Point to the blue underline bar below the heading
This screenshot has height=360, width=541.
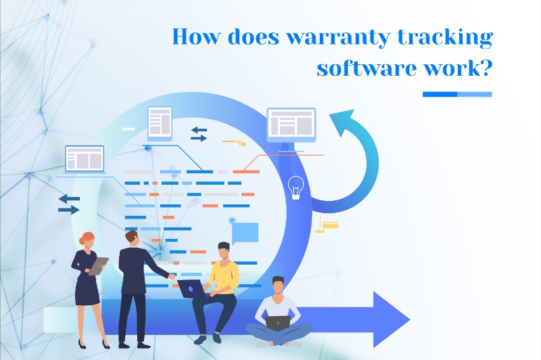[x=456, y=94]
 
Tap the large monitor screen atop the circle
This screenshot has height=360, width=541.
[x=291, y=124]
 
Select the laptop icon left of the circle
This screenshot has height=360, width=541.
[x=85, y=159]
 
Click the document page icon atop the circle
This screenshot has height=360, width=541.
[x=160, y=122]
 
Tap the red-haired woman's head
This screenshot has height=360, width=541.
[x=88, y=240]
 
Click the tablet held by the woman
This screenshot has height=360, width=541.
[x=99, y=265]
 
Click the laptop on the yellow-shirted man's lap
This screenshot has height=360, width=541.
[x=194, y=288]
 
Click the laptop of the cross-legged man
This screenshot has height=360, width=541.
[x=278, y=323]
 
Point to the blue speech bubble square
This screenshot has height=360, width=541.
[x=245, y=232]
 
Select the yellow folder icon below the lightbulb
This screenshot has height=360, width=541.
[x=329, y=225]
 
